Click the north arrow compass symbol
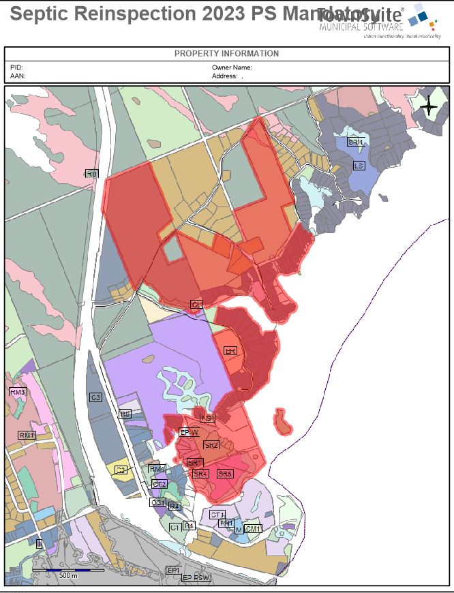coord(429,106)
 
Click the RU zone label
coord(91,174)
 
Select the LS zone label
coord(359,166)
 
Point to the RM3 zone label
coord(17,393)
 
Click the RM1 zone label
coord(27,435)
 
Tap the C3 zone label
coord(95,397)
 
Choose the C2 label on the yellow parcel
coord(121,470)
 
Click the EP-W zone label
coord(189,432)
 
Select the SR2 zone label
coord(211,445)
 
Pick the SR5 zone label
coord(225,473)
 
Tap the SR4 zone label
coord(200,473)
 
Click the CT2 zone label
coord(160,484)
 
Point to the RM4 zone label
coord(157,469)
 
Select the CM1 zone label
coord(254,529)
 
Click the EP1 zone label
coord(174,570)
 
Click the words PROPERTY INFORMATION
coord(226,53)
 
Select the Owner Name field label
coord(232,67)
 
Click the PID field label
coord(16,67)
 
